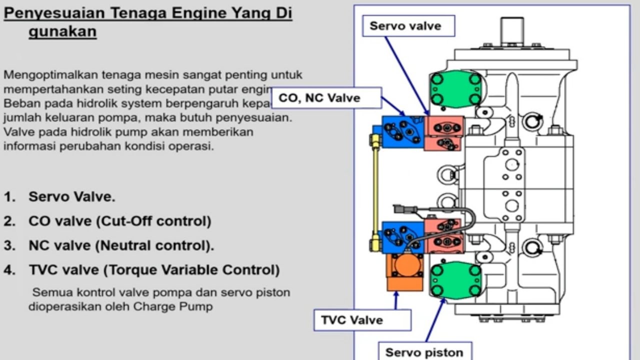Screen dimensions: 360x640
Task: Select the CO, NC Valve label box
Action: click(x=326, y=98)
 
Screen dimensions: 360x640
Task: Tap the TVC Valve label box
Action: click(x=362, y=320)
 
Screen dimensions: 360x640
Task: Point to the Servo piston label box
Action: click(x=424, y=352)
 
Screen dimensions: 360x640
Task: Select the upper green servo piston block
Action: click(x=455, y=88)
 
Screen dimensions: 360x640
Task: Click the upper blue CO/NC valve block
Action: click(x=403, y=132)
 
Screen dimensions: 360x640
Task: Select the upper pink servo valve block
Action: click(x=444, y=133)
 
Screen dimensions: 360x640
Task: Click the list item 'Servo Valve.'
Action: click(x=71, y=196)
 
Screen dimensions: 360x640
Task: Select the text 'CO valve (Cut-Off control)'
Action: click(x=119, y=221)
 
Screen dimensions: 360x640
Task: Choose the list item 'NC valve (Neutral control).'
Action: click(x=121, y=245)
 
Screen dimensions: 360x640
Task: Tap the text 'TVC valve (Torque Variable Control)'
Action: click(x=153, y=270)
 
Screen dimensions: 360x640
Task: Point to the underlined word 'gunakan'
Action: click(x=62, y=31)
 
